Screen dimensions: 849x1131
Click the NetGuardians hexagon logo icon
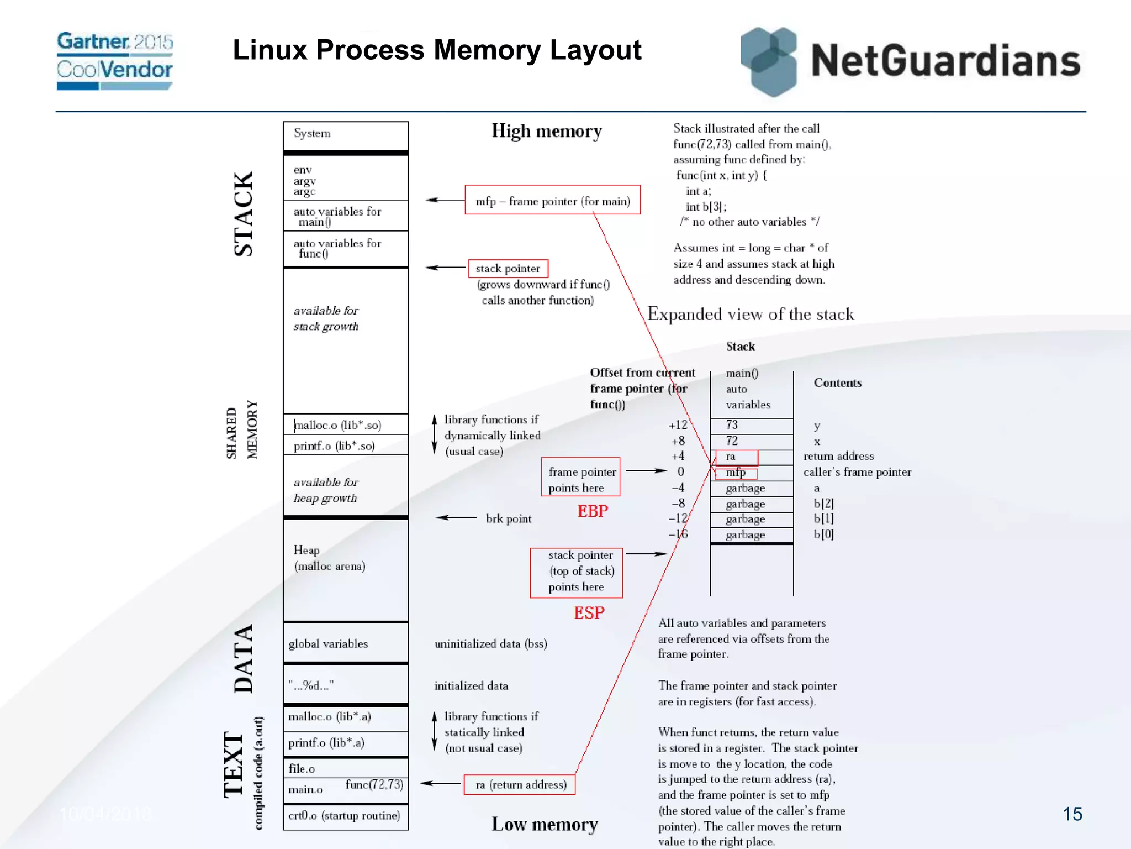(x=769, y=61)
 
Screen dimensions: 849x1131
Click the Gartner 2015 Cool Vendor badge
(x=114, y=60)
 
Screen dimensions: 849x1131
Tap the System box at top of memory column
(x=345, y=135)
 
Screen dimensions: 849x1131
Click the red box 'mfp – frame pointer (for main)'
(x=552, y=201)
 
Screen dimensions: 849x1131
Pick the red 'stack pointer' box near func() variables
(x=508, y=269)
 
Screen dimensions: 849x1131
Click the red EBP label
(x=593, y=511)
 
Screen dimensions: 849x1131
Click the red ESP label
(x=589, y=612)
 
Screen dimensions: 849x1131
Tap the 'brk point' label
(x=508, y=518)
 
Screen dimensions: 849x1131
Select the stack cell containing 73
(x=751, y=425)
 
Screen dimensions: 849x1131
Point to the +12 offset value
(x=678, y=425)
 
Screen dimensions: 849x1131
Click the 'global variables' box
(x=345, y=643)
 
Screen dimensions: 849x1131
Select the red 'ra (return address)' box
(x=520, y=784)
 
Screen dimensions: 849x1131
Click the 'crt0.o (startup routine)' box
(x=345, y=816)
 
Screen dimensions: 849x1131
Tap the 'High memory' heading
(x=546, y=132)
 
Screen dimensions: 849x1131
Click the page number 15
(x=1072, y=814)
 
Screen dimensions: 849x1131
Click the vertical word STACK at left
(x=243, y=213)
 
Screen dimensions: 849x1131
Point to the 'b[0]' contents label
(x=823, y=534)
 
